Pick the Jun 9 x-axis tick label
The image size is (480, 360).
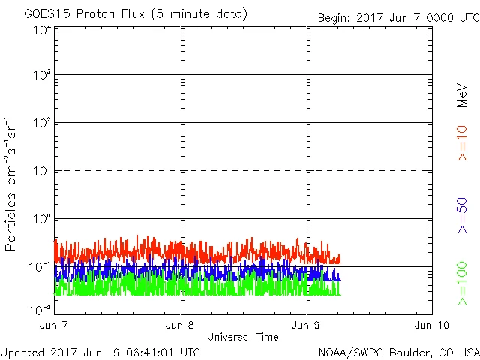coord(308,325)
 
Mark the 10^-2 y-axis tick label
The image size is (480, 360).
coord(40,309)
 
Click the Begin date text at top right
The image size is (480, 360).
coord(397,16)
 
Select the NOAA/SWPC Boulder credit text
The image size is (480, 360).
coord(398,351)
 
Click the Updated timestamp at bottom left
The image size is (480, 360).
coord(100,351)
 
